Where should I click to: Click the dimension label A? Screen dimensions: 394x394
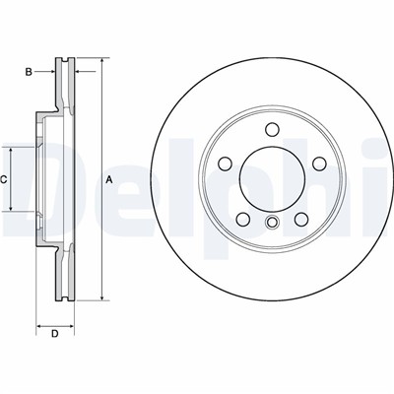(x=109, y=179)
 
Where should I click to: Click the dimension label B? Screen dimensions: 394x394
(x=29, y=72)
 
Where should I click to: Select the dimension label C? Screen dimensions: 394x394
(x=3, y=179)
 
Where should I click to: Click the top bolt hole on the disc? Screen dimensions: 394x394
(x=272, y=129)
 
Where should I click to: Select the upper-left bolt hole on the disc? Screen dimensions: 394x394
(x=226, y=164)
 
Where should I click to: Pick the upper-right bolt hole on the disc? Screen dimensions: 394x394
(x=318, y=164)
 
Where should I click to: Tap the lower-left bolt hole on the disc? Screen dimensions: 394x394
(x=243, y=219)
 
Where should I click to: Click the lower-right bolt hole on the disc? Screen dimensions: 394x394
(x=300, y=219)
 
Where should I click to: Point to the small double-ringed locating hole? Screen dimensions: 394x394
(x=272, y=223)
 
